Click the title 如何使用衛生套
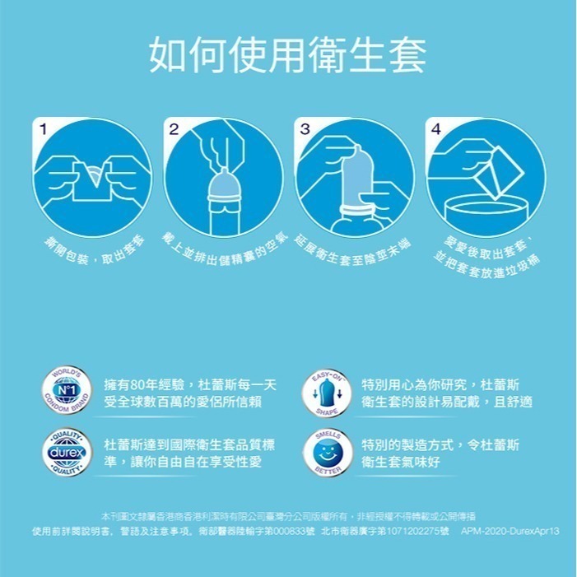point(288,54)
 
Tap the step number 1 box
point(43,130)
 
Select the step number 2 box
point(174,130)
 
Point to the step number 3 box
point(305,130)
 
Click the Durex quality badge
point(67,453)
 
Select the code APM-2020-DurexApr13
point(510,532)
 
